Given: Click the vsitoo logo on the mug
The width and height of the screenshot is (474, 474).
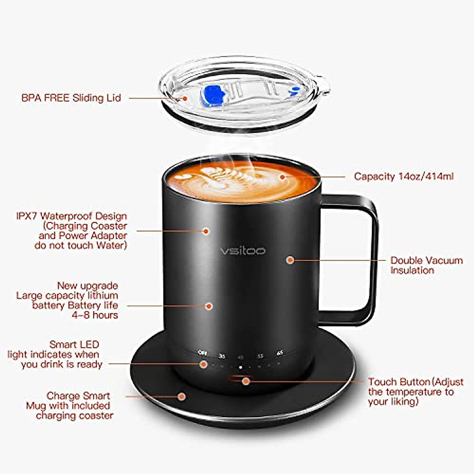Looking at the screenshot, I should pyautogui.click(x=243, y=251).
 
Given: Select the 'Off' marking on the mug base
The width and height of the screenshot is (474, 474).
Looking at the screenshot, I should pyautogui.click(x=202, y=353).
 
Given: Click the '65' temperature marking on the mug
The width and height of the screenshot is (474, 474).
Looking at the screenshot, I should pyautogui.click(x=280, y=352).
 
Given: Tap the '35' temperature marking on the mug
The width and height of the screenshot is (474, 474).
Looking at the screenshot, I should pyautogui.click(x=222, y=356).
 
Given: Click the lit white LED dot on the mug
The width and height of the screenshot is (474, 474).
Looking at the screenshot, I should pyautogui.click(x=240, y=367).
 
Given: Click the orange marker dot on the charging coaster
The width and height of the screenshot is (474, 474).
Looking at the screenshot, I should pyautogui.click(x=181, y=396).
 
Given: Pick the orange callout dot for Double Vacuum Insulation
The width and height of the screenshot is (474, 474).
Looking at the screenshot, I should pyautogui.click(x=290, y=260).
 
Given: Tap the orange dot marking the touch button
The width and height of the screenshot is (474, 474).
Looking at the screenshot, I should pyautogui.click(x=246, y=381).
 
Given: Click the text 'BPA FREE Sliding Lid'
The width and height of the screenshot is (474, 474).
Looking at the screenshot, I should pyautogui.click(x=71, y=98).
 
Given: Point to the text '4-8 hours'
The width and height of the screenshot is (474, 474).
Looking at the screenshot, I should pyautogui.click(x=95, y=315).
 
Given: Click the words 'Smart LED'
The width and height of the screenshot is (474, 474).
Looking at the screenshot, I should pyautogui.click(x=74, y=344).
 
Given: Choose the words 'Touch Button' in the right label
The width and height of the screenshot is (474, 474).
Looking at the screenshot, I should pyautogui.click(x=399, y=382).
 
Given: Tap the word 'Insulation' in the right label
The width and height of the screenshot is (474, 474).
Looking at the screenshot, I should pyautogui.click(x=412, y=271).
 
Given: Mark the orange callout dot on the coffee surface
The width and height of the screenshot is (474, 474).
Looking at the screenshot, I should pyautogui.click(x=282, y=177).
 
